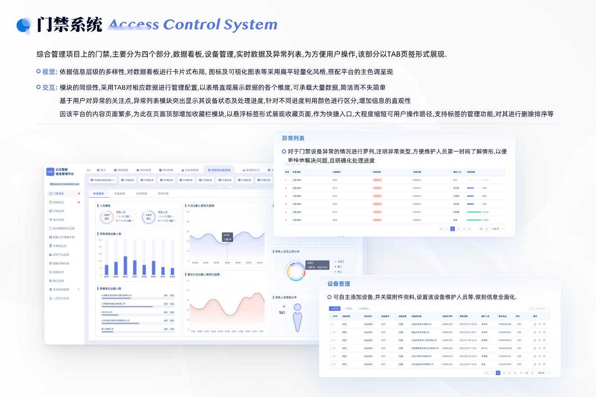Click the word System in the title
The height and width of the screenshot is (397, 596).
coord(250,25)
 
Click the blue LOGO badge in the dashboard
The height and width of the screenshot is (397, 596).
coord(50,172)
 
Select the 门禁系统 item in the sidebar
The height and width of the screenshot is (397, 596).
coord(58,194)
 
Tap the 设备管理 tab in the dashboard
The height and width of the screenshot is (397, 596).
coord(120,194)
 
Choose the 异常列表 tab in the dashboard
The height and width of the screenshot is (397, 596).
coord(163,194)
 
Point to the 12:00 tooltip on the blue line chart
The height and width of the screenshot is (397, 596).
coord(227,237)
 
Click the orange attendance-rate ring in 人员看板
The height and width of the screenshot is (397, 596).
coord(107,217)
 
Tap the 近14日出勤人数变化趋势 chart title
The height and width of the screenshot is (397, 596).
coord(204,275)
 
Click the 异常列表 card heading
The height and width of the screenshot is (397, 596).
coord(293,138)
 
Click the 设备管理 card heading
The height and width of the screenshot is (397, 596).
coord(339,284)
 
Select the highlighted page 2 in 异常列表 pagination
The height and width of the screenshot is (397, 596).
coord(452,229)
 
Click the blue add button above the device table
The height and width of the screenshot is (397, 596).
coord(334,309)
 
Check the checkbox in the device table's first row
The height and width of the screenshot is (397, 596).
coord(333,324)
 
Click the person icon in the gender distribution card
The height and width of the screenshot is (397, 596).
coord(298,318)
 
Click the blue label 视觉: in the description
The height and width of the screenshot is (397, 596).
coord(50,72)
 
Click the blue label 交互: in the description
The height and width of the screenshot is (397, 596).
coord(50,88)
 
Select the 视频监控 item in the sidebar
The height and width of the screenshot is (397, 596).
coord(58,202)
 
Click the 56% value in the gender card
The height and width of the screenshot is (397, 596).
coord(282,313)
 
